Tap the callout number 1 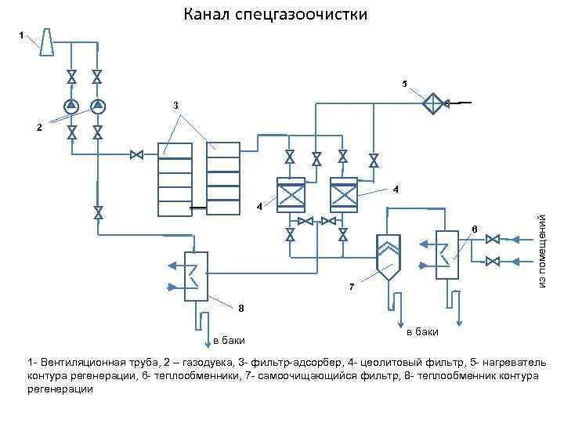coord(21,34)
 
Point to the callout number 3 coord(175,104)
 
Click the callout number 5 coord(404,83)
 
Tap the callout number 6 coord(473,228)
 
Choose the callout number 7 coord(352,287)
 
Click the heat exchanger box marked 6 coord(447,253)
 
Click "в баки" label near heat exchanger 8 coord(229,340)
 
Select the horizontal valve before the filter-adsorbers coord(136,155)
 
